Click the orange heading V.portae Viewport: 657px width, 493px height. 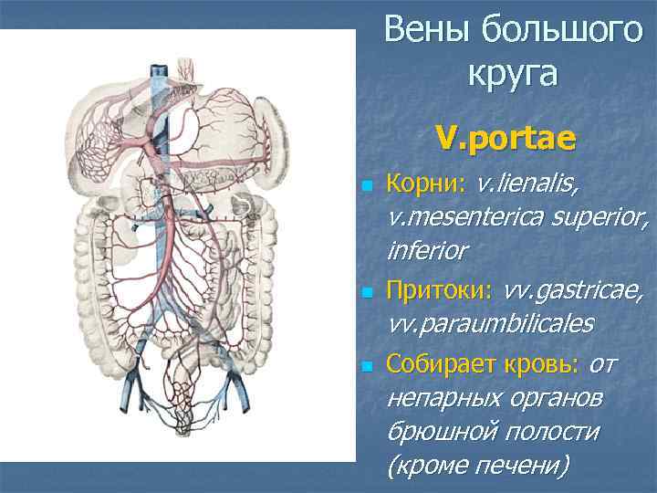[505, 138]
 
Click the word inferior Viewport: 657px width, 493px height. [428, 250]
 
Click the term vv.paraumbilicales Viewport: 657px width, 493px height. [490, 324]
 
